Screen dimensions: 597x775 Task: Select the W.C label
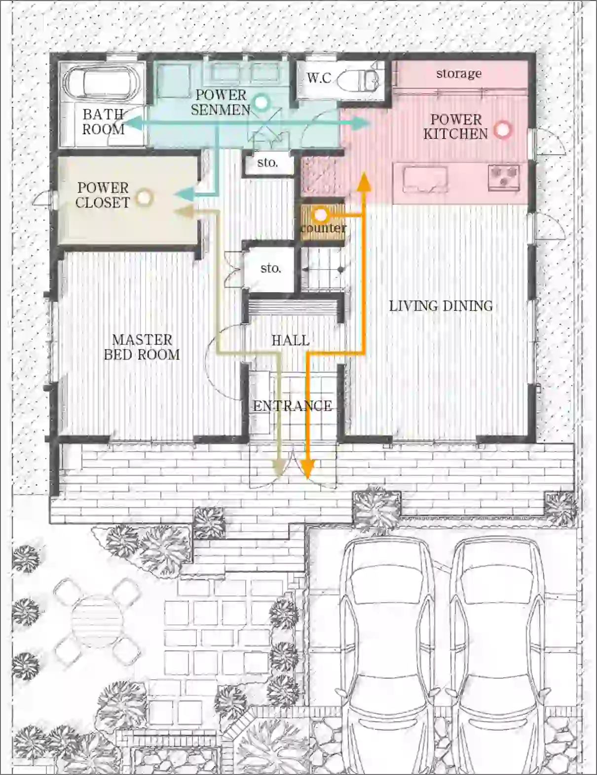click(319, 78)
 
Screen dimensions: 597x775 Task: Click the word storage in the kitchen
click(459, 74)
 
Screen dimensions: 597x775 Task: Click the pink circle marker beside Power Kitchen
click(503, 130)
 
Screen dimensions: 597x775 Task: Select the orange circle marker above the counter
click(320, 215)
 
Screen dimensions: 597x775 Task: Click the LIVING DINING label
click(441, 306)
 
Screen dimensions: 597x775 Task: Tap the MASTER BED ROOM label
click(142, 347)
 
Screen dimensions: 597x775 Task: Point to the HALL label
click(291, 340)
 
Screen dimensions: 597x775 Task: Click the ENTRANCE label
click(292, 405)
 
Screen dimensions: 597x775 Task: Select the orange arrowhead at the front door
click(307, 468)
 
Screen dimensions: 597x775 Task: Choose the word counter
click(323, 228)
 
